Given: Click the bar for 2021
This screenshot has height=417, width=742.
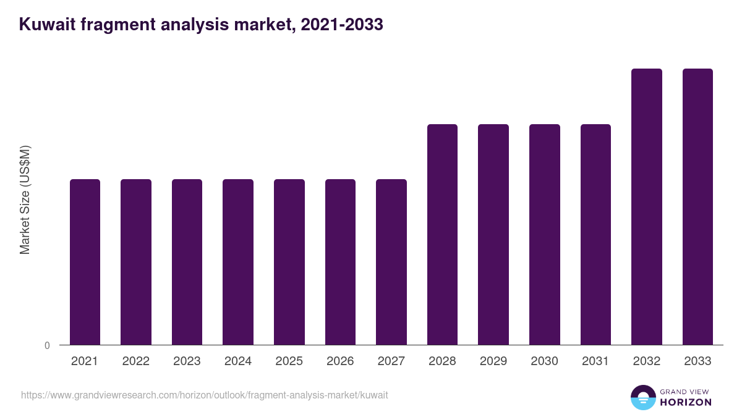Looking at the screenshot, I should pos(85,262).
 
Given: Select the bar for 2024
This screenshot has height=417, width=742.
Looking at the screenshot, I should pos(238,262).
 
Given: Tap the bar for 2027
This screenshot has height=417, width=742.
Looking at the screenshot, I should pos(391,262).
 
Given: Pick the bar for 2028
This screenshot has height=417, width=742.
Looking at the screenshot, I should pos(442,235).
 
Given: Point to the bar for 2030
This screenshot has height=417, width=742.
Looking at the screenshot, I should pos(545,235).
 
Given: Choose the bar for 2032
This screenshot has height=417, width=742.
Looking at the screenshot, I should pos(647,207).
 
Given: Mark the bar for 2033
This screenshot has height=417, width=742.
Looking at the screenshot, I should pos(697,207).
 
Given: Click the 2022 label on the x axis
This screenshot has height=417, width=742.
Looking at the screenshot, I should pos(135,361).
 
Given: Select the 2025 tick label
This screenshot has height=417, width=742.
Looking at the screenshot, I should pos(289,361).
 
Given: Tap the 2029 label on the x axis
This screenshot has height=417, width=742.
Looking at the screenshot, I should pos(493,361).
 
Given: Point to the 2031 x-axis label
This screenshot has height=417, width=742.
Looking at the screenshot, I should pos(595,361).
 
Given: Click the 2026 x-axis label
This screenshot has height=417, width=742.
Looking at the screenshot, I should pos(340,361).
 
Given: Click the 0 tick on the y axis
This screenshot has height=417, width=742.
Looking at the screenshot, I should pos(47,345).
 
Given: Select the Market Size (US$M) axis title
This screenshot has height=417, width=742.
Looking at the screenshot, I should pos(25,200).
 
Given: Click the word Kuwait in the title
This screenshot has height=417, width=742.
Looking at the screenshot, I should pos(47,24).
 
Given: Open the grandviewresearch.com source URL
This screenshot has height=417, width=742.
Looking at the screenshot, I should pos(205,395).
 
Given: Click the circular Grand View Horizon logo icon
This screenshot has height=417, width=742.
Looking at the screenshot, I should pos(643,397).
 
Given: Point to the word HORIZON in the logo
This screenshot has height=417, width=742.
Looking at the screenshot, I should pos(686,402).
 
